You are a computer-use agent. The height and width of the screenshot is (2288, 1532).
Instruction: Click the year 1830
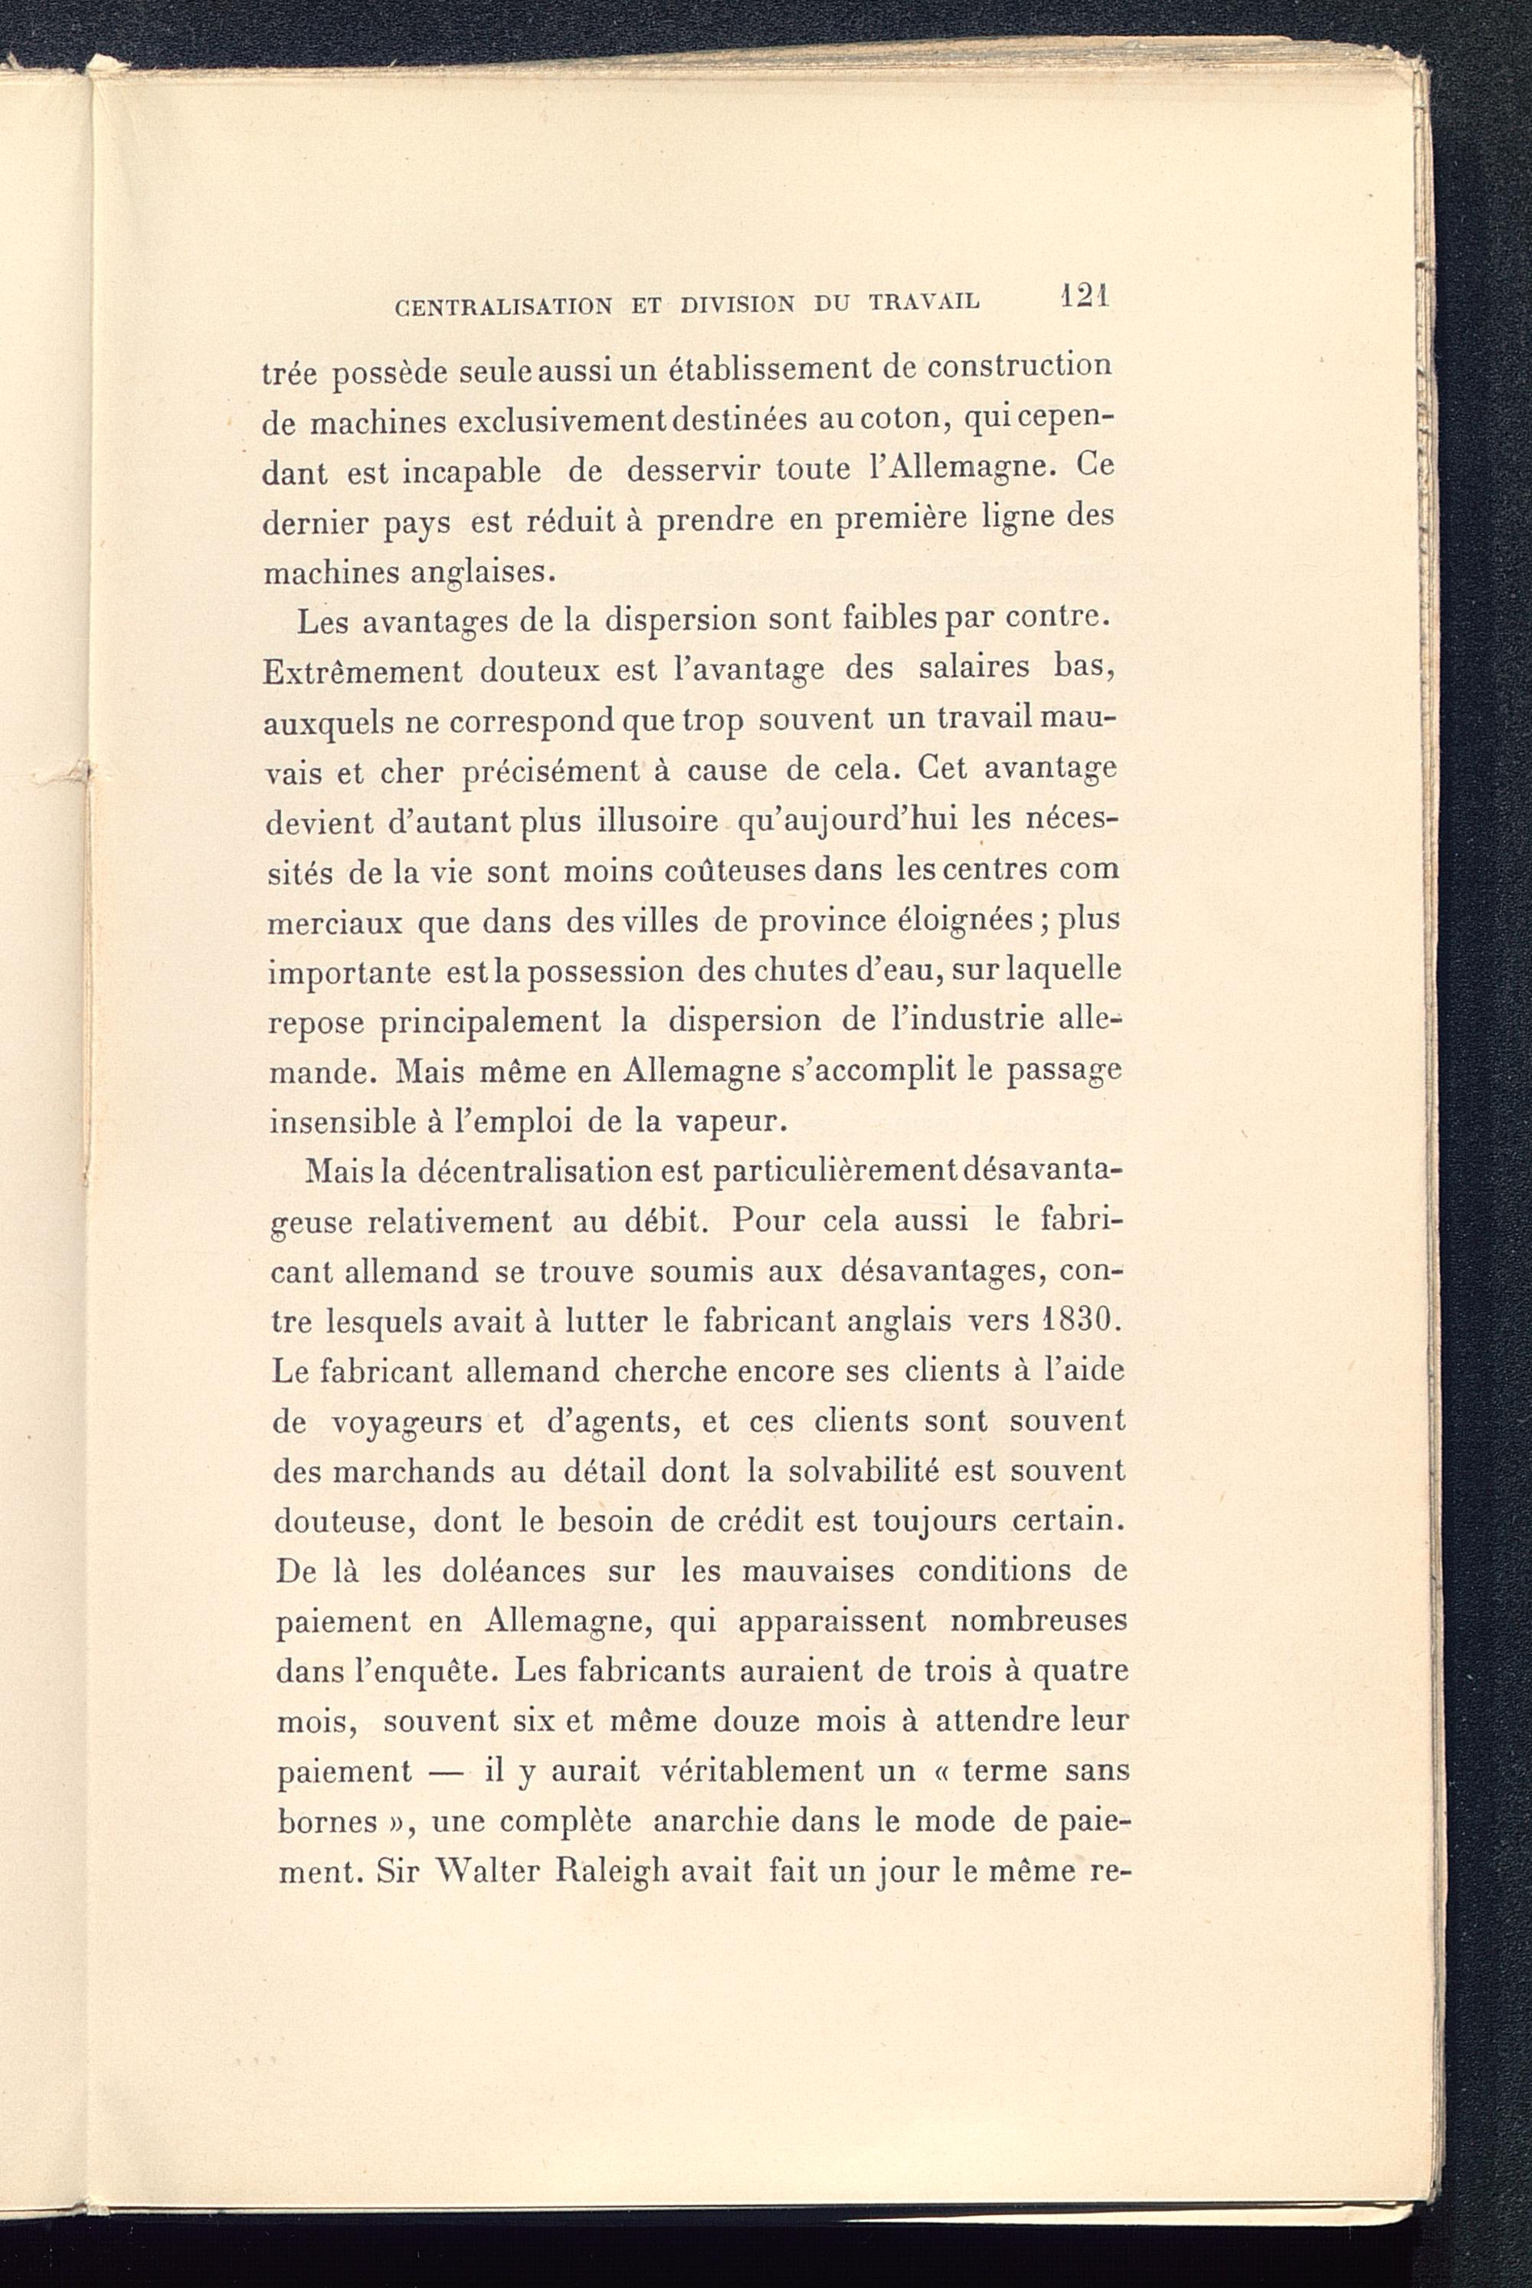coord(1078,1320)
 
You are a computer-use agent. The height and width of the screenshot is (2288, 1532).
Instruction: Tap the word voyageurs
coord(411,1423)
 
